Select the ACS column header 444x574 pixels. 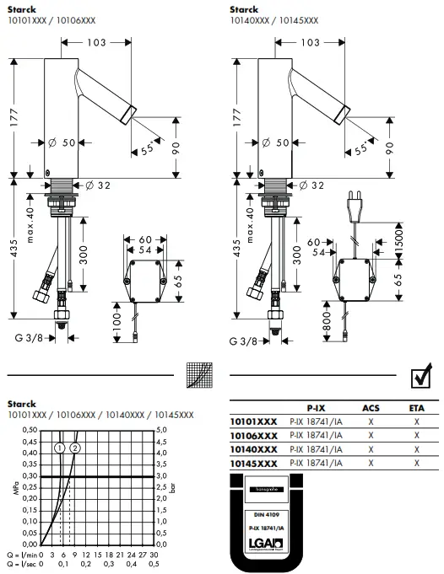point(371,407)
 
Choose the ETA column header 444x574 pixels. point(416,407)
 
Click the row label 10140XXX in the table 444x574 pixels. point(253,450)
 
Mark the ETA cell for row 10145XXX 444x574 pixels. point(416,464)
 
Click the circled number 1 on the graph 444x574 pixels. point(60,448)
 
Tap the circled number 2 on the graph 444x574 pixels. point(74,448)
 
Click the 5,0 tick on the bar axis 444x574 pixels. point(163,430)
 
